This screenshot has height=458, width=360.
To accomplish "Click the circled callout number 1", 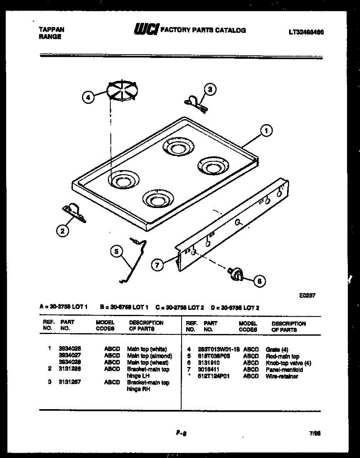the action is click(266, 131).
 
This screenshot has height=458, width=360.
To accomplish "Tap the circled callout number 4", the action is click(88, 98).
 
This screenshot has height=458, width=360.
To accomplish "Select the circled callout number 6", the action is click(259, 281).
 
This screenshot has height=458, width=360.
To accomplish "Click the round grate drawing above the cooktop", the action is click(124, 91).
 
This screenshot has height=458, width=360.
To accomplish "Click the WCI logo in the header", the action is click(146, 30).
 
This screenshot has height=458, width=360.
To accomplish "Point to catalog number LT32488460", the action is click(306, 32).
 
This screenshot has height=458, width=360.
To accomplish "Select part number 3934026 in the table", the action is click(70, 349).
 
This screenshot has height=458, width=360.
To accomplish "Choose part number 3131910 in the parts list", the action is click(209, 363).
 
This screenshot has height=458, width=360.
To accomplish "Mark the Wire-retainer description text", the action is click(282, 376).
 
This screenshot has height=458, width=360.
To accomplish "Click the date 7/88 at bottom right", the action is click(315, 433).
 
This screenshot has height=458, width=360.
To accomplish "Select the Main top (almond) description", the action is click(149, 356).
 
